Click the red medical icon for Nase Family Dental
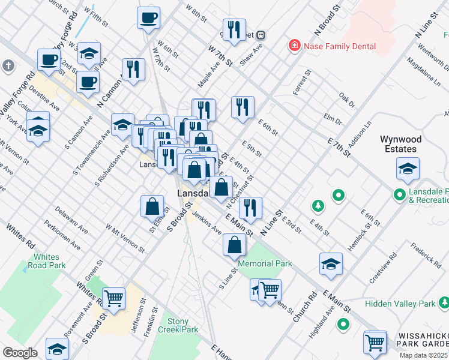294,46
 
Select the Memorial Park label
265,263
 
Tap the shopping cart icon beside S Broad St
114,298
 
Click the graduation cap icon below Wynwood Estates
408,170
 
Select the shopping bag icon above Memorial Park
234,245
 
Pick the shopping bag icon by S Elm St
152,206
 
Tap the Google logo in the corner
20,353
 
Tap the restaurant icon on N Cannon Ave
133,69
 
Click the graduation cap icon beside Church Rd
331,264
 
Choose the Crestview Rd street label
382,270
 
